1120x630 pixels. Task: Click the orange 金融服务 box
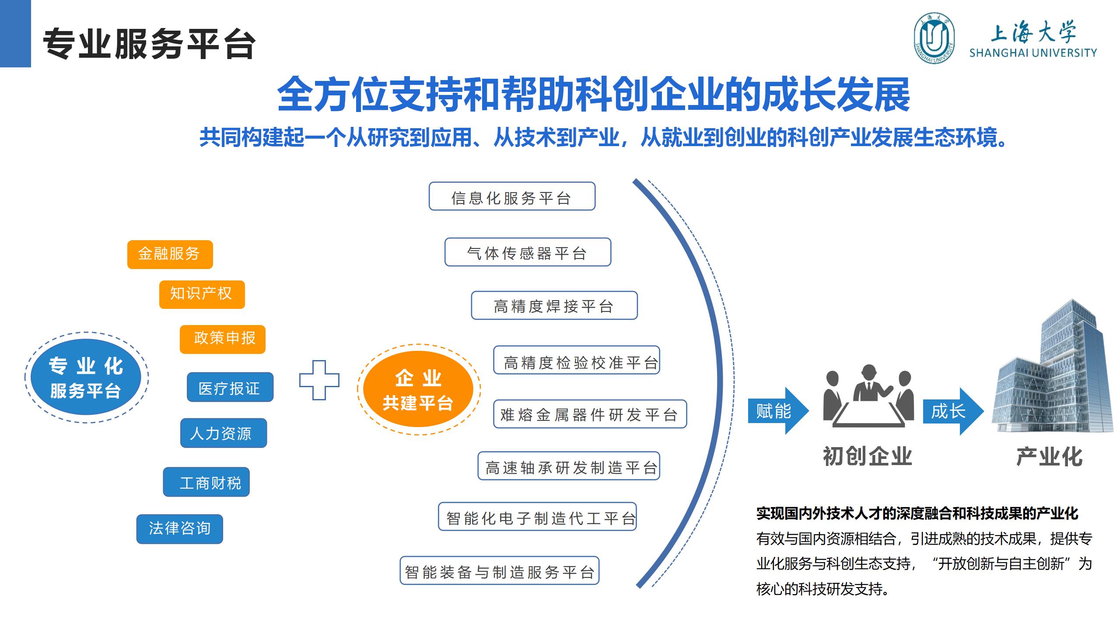click(x=170, y=254)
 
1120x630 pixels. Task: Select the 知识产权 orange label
click(x=202, y=294)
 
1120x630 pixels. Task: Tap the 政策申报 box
click(x=222, y=339)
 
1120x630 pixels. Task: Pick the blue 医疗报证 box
click(x=230, y=387)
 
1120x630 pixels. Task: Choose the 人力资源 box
click(x=223, y=433)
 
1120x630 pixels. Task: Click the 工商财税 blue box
click(x=206, y=482)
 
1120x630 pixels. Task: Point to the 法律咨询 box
click(x=179, y=529)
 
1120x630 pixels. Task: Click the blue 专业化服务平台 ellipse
click(x=86, y=377)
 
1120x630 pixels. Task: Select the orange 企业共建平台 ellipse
click(x=418, y=389)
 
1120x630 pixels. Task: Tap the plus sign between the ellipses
click(x=319, y=380)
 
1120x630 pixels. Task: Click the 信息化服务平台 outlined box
click(x=512, y=196)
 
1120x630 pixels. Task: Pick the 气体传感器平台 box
click(x=528, y=252)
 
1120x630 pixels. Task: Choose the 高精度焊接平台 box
click(x=554, y=305)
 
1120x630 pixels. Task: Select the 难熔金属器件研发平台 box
click(x=590, y=414)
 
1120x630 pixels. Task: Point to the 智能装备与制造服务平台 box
click(x=499, y=570)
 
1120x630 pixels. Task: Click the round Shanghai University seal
click(x=934, y=38)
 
